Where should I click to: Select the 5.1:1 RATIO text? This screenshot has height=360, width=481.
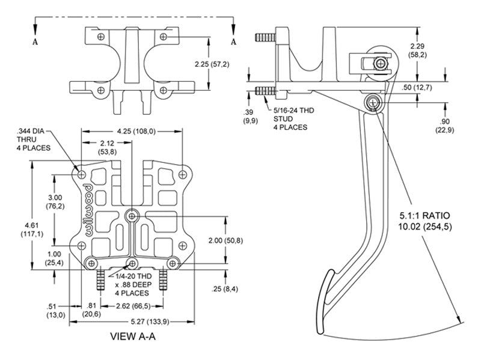tap(425, 215)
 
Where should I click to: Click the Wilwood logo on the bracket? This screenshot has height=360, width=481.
tap(85, 209)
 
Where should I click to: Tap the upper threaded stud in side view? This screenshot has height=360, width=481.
tap(264, 39)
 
